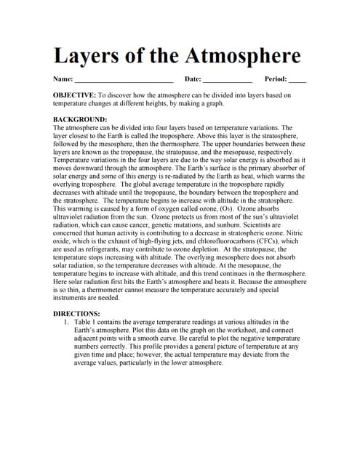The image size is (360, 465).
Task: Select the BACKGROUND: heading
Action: pos(80,119)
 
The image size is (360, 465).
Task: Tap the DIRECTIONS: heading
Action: pos(78,313)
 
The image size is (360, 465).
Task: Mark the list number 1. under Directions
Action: pos(66,322)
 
